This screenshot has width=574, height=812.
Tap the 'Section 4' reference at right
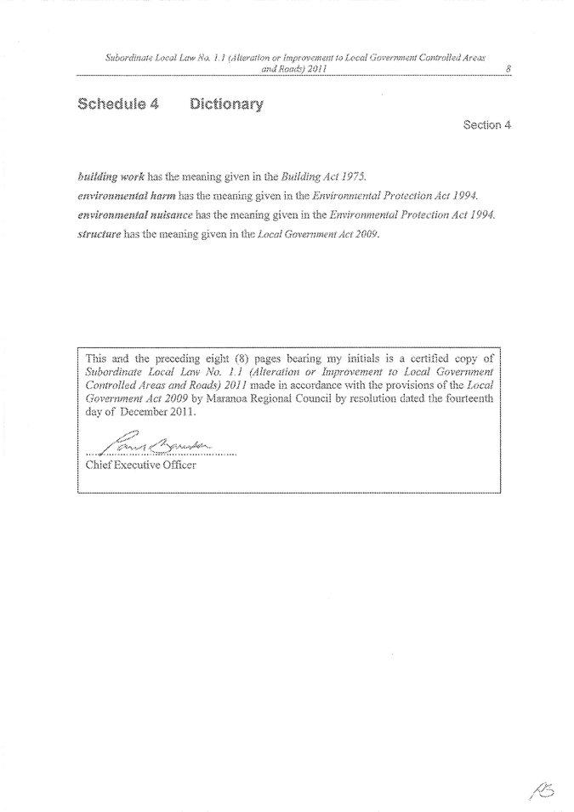point(486,125)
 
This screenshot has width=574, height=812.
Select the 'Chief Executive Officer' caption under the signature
point(141,466)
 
